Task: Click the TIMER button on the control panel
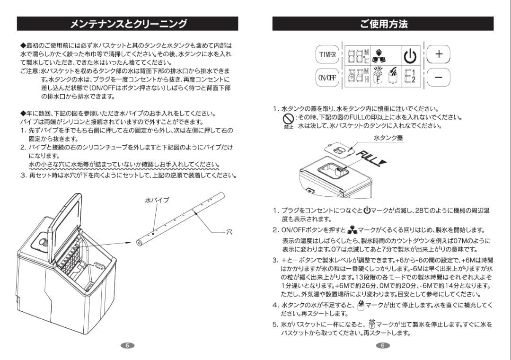[327, 54]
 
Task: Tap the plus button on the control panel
[439, 54]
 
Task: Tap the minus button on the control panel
[439, 77]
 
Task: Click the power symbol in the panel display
[410, 55]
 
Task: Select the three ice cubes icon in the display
[379, 55]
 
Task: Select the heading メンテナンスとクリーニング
[128, 24]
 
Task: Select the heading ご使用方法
[383, 24]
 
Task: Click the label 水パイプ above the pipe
[157, 201]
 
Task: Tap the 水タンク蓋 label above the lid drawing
[388, 137]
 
